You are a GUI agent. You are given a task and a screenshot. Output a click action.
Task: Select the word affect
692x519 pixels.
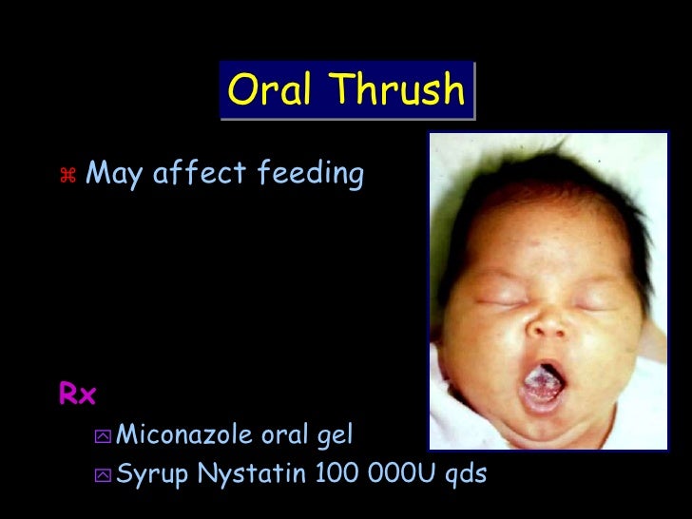click(199, 173)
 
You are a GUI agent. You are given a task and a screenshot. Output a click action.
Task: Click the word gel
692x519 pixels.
click(335, 436)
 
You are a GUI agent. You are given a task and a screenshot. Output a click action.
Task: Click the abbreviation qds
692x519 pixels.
click(465, 472)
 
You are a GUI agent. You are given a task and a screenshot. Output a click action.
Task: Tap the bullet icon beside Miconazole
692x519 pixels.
click(102, 436)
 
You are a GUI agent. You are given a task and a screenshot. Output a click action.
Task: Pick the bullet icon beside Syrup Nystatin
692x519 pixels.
click(102, 473)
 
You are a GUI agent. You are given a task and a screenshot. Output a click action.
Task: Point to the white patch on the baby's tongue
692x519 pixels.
click(538, 387)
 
